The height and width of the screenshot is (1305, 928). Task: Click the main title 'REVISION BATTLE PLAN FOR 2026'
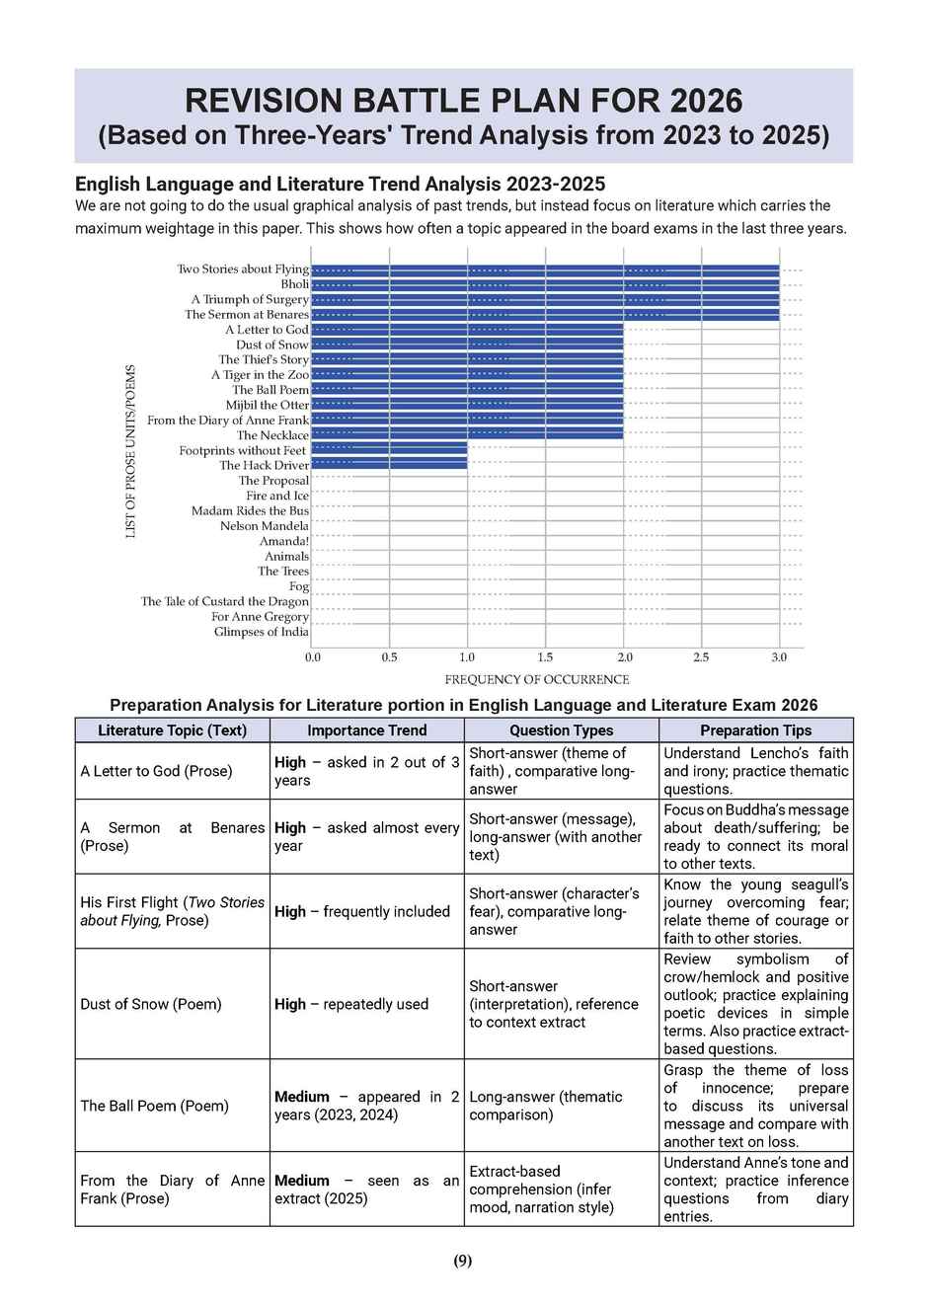coord(463,100)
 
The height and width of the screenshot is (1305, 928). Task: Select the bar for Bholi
coord(545,284)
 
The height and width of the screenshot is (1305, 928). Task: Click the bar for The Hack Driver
coord(389,465)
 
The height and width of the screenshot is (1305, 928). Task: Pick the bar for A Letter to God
coord(467,330)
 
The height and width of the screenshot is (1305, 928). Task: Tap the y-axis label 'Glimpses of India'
coord(262,632)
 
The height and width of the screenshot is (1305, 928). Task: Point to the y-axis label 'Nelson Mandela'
coord(265,526)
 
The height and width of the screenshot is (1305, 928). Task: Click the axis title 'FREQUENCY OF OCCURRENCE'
coord(536,679)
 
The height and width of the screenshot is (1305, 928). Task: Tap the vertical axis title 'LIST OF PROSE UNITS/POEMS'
coord(130,451)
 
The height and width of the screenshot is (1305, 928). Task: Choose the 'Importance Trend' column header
coord(366,730)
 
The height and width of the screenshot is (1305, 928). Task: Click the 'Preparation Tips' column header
coord(755,730)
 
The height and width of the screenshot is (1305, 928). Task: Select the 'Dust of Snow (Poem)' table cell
coord(151,1004)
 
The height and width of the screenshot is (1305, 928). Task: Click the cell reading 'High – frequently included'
coord(362,911)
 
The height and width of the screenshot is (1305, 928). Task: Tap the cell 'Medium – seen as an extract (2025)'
coord(366,1190)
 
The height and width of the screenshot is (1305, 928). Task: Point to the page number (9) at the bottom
coord(463,1261)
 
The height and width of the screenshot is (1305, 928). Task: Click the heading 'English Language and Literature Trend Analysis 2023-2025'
coord(340,184)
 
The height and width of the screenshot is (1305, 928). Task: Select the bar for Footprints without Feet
coord(389,450)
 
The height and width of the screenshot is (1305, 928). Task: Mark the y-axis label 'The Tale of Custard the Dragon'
coord(225,601)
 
